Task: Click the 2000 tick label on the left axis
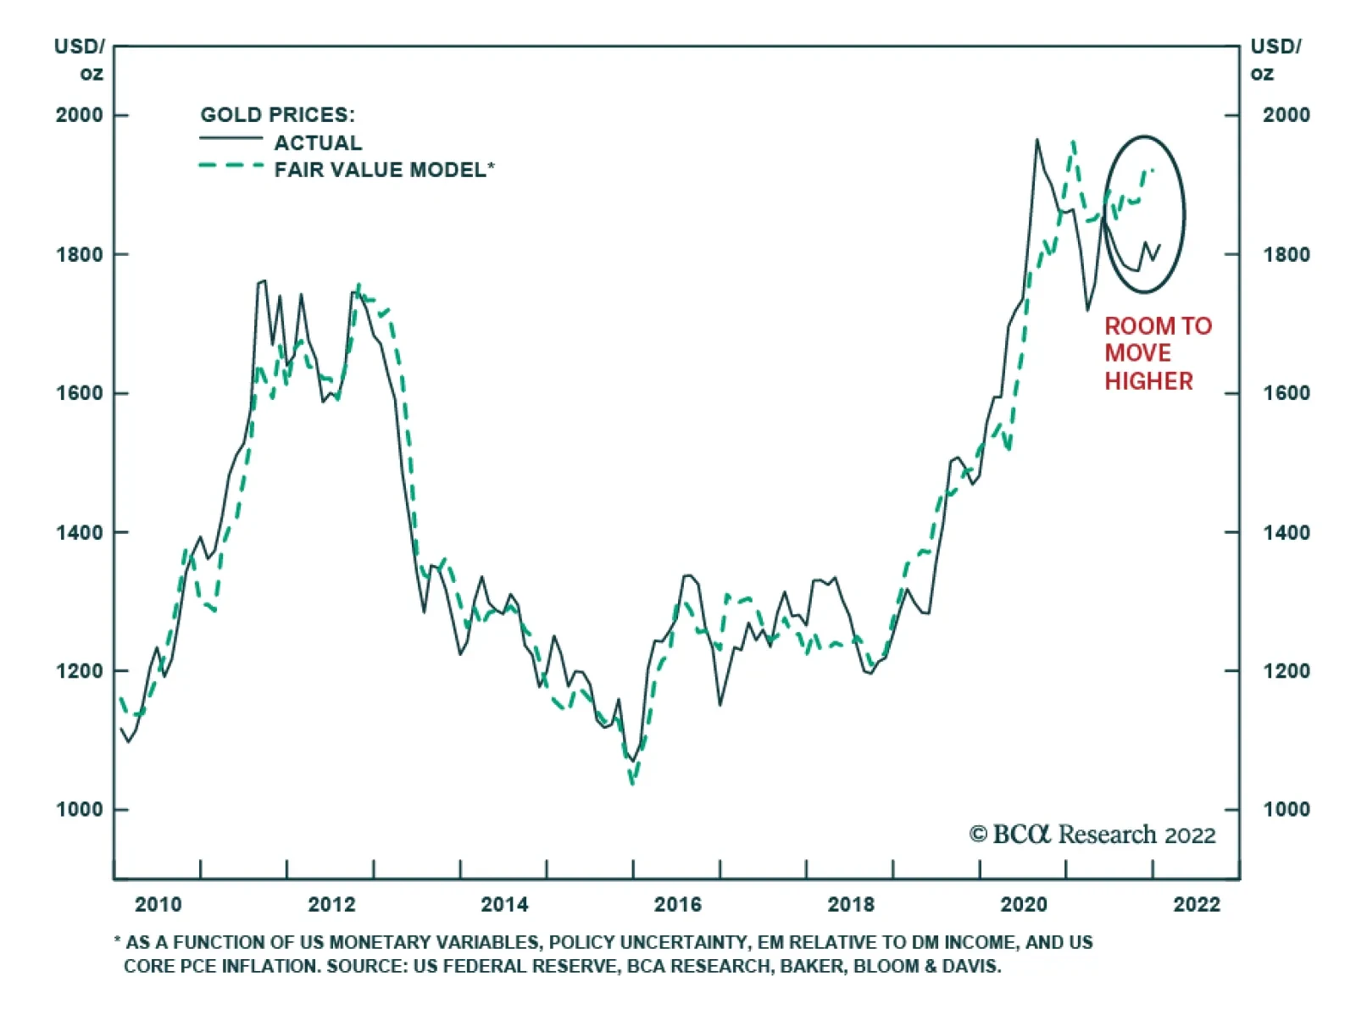pyautogui.click(x=79, y=115)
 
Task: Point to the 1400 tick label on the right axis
pyautogui.click(x=1286, y=532)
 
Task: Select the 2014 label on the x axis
pyautogui.click(x=504, y=905)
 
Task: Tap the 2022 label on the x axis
pyautogui.click(x=1197, y=905)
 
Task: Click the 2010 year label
pyautogui.click(x=158, y=905)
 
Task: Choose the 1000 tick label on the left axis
pyautogui.click(x=79, y=810)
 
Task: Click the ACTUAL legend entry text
pyautogui.click(x=318, y=142)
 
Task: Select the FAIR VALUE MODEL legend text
pyautogui.click(x=380, y=170)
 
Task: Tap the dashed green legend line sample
pyautogui.click(x=231, y=166)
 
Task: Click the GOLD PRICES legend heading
pyautogui.click(x=277, y=114)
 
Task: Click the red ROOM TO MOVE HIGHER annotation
pyautogui.click(x=1157, y=353)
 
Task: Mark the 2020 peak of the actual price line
pyautogui.click(x=1036, y=140)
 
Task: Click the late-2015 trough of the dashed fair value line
pyautogui.click(x=632, y=783)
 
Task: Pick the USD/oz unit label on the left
pyautogui.click(x=81, y=59)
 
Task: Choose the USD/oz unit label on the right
pyautogui.click(x=1275, y=59)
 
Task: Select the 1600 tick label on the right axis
pyautogui.click(x=1286, y=393)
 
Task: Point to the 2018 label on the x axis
pyautogui.click(x=851, y=905)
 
